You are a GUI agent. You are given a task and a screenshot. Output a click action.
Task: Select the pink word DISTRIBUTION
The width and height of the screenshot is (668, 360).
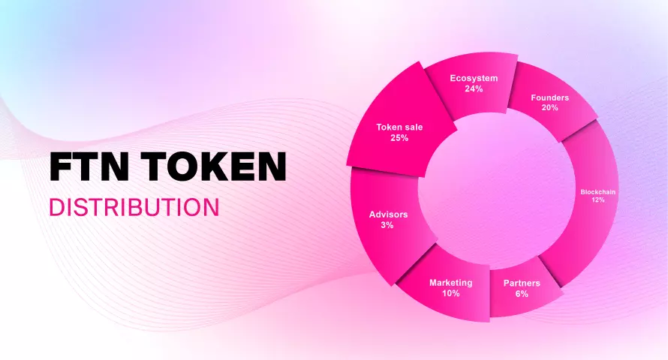[134, 207]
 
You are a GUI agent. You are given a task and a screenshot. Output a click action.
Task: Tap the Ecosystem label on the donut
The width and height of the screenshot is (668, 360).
[474, 78]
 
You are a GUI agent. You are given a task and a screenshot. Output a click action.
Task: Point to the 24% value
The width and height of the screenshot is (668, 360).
[474, 89]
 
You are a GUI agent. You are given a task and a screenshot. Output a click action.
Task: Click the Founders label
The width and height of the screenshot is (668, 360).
[549, 97]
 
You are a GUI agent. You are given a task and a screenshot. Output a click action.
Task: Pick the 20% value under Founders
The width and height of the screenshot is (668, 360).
[549, 108]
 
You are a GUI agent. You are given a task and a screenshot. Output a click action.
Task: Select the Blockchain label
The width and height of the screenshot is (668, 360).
[597, 192]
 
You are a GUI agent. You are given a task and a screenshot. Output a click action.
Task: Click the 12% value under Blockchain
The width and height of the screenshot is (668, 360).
[597, 199]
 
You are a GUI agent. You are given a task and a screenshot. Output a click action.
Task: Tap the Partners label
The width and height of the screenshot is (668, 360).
[522, 283]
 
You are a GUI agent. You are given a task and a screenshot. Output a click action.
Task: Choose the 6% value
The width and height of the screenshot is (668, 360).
[522, 293]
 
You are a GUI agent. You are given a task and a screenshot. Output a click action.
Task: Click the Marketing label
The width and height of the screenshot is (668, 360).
[451, 283]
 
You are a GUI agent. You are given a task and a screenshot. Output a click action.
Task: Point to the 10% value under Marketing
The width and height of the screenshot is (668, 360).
[451, 293]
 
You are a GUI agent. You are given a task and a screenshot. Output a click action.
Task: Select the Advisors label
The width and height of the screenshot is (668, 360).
[388, 214]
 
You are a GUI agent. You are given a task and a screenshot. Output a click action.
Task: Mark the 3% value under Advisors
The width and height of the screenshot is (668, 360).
[387, 225]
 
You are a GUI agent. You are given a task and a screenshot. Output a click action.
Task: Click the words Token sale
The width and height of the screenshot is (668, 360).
[399, 127]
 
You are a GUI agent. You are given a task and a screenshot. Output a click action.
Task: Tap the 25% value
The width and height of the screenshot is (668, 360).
[399, 138]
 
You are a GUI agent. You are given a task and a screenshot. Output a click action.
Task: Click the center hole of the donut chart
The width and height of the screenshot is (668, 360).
[497, 190]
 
